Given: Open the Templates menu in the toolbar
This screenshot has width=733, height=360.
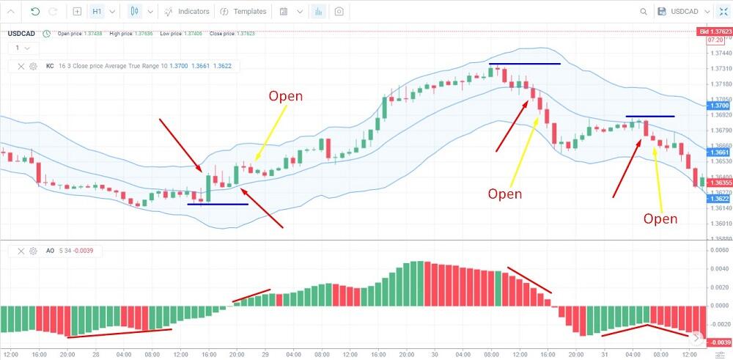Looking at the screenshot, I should click(x=243, y=12).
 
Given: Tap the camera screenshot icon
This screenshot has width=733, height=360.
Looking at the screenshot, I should click(x=339, y=12).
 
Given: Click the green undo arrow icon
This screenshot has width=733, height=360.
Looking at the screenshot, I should click(x=35, y=12).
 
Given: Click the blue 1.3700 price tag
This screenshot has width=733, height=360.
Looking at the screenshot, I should click(x=718, y=106).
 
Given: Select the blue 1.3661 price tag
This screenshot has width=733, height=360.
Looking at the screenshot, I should click(x=718, y=153).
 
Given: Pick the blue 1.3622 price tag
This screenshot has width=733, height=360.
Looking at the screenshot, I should click(x=718, y=199).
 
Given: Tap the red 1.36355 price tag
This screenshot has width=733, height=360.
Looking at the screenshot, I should click(x=718, y=183).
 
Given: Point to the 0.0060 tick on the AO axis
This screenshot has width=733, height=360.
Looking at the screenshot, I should click(x=720, y=251).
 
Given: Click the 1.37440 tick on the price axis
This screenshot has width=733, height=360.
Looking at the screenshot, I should click(x=720, y=54).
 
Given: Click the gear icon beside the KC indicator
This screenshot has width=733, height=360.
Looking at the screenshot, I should click(x=33, y=66).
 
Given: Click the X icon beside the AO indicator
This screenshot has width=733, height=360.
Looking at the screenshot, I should click(x=20, y=251).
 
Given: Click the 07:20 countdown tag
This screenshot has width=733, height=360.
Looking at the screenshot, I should click(x=715, y=40).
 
